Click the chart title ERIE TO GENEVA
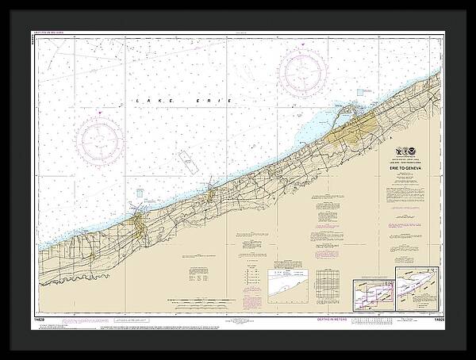[x=408, y=168]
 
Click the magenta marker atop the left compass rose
[x=100, y=114]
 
